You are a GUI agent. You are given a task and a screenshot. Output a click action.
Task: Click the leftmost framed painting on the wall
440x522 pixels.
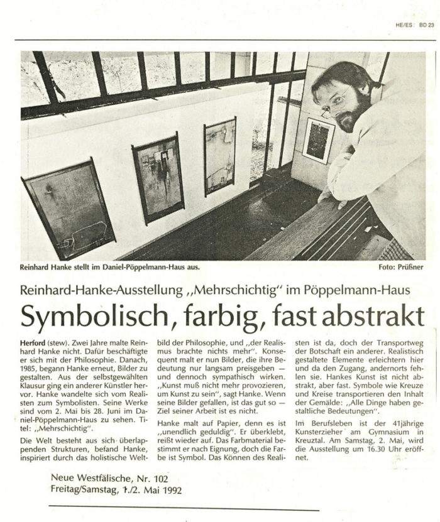pyautogui.click(x=69, y=210)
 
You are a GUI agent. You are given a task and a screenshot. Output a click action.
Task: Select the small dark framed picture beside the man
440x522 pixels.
pyautogui.click(x=318, y=140)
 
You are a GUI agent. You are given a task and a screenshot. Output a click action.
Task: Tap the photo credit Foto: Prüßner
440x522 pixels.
pyautogui.click(x=400, y=267)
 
